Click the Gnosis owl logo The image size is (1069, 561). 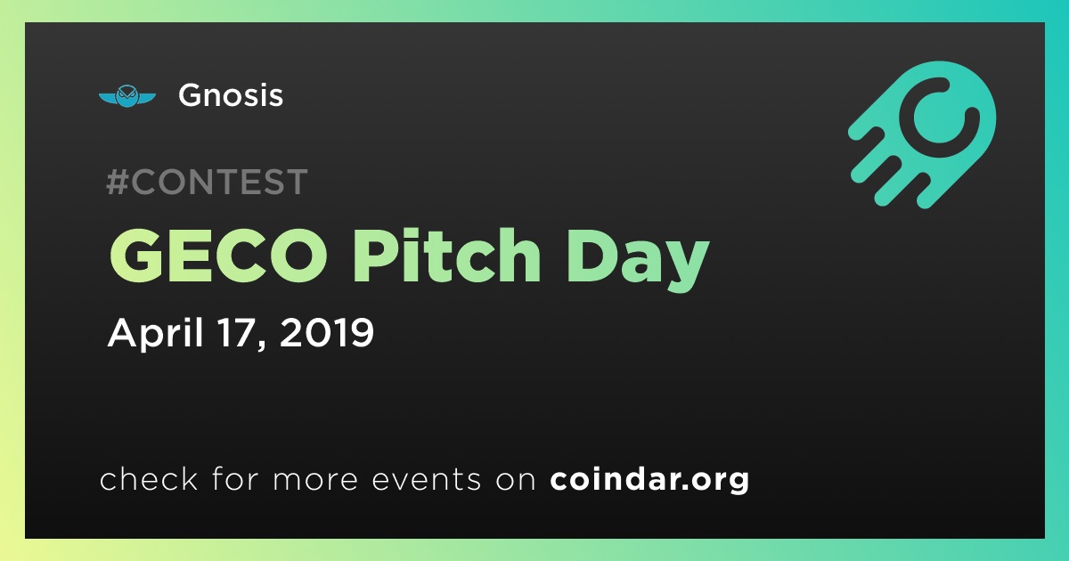(126, 96)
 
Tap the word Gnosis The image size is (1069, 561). (231, 95)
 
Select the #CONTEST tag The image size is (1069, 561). (207, 182)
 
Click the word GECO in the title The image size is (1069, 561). (218, 256)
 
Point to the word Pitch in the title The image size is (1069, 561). (446, 256)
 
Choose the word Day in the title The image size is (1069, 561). (637, 260)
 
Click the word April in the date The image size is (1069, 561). (157, 333)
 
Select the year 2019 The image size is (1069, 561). (327, 332)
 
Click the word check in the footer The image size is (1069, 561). (149, 478)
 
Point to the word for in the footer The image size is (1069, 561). (236, 478)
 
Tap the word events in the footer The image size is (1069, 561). (427, 480)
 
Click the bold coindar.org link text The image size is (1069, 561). (649, 479)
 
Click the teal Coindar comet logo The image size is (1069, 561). (922, 134)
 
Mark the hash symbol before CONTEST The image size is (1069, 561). (118, 182)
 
